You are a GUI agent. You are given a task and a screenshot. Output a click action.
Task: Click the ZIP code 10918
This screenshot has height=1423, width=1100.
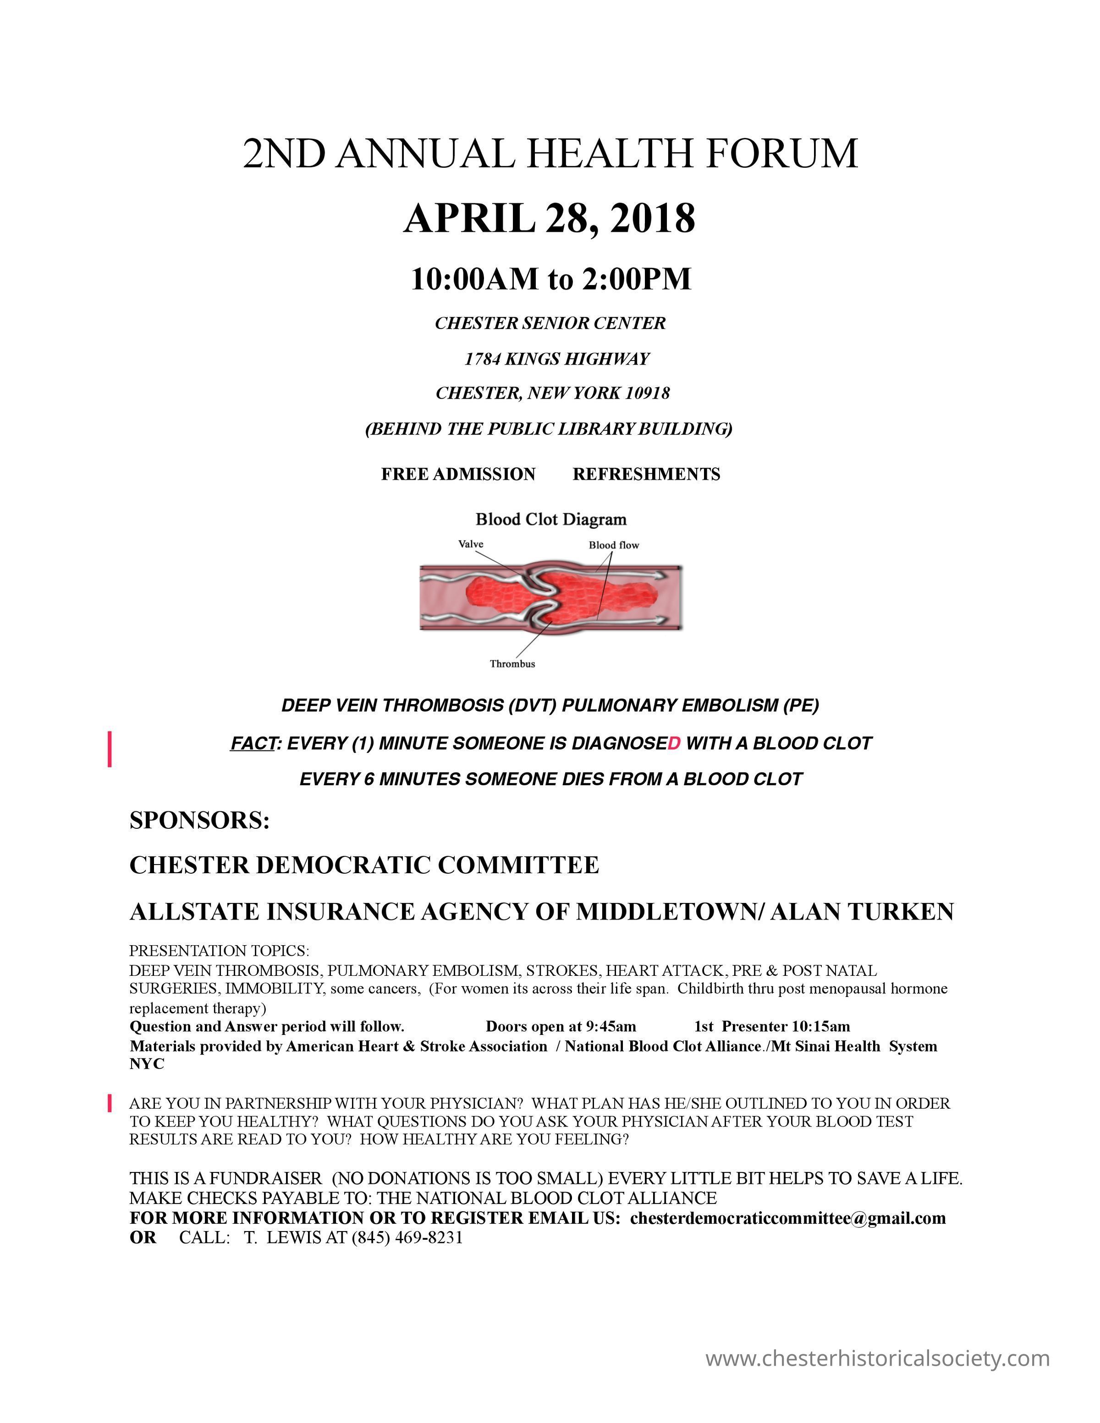click(x=647, y=393)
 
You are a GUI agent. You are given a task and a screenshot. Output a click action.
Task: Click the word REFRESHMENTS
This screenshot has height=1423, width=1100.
click(x=646, y=474)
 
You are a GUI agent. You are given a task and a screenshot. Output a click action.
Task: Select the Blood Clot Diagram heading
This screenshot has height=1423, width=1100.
click(x=550, y=519)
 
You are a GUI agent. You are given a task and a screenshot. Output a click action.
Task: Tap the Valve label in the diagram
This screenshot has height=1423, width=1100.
click(x=471, y=544)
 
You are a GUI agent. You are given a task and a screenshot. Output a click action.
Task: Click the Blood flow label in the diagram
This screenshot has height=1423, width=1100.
click(x=613, y=545)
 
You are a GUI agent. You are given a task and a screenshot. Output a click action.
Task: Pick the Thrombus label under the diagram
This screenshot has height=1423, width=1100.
click(x=512, y=664)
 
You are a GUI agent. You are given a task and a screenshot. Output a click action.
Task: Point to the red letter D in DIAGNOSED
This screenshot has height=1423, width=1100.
click(x=674, y=744)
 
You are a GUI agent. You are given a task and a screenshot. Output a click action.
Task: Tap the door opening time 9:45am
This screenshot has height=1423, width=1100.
click(x=610, y=1027)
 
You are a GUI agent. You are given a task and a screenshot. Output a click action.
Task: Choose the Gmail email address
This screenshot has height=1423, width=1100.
click(x=787, y=1218)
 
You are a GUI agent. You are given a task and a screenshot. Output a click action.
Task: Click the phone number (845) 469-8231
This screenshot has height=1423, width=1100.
click(x=407, y=1238)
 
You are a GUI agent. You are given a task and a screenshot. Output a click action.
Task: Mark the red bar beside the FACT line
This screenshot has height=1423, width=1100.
click(x=110, y=749)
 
